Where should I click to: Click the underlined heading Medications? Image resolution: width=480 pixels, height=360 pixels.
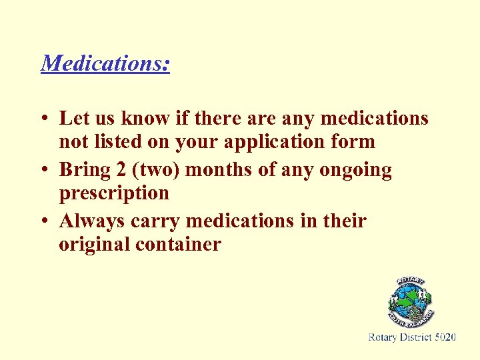[105, 63]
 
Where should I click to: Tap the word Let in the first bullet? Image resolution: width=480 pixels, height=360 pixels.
[73, 119]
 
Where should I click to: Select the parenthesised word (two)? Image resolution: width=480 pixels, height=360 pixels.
[155, 171]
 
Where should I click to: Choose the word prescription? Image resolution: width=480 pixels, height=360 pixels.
[114, 194]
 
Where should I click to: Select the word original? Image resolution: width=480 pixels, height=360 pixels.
[94, 245]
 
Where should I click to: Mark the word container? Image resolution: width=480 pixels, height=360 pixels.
[178, 245]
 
